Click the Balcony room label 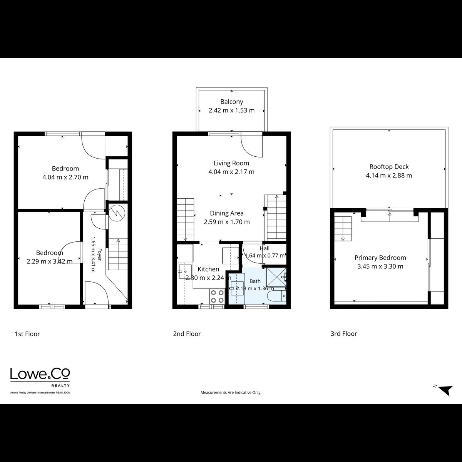tap(232, 102)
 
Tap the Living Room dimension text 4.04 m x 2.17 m tap(231, 172)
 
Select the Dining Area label tap(226, 213)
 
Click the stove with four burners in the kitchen tap(217, 296)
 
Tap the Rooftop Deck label tap(389, 167)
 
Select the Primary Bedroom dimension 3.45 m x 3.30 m tap(380, 266)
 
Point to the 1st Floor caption tap(27, 334)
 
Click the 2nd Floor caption tap(187, 334)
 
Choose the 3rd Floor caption tap(344, 334)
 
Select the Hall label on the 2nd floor tap(264, 248)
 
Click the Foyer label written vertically tap(99, 254)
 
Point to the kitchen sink tap(185, 271)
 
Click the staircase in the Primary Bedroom tap(343, 228)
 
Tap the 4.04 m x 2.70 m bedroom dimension tap(65, 177)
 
